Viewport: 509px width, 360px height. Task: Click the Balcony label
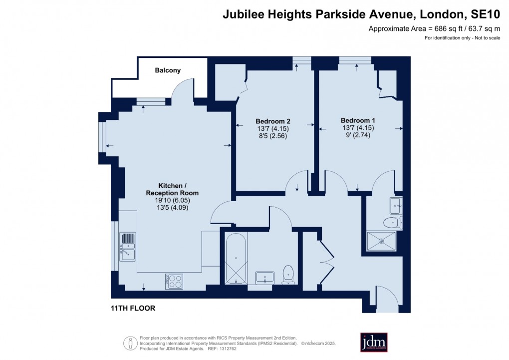[x=168, y=70]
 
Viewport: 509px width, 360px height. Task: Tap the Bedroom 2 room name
[x=273, y=121]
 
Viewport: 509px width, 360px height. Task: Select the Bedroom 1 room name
[x=358, y=120]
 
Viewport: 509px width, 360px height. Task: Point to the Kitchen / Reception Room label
[x=172, y=189]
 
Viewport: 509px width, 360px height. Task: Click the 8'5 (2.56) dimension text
[x=273, y=136]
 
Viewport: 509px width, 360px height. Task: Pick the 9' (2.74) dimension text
[x=358, y=135]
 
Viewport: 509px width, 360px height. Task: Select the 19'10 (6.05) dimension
[x=172, y=200]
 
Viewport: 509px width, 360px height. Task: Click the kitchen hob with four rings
[x=174, y=282]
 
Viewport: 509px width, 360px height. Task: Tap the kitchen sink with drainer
[x=128, y=247]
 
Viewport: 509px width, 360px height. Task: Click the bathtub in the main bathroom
[x=236, y=259]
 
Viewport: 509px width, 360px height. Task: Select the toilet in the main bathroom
[x=288, y=275]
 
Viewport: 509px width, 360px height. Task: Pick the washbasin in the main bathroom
[x=265, y=278]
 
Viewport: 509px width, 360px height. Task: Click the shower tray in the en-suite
[x=381, y=241]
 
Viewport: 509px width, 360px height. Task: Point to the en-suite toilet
[x=393, y=223]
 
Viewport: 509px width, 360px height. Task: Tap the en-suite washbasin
[x=396, y=205]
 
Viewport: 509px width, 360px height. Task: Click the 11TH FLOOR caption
[x=133, y=308]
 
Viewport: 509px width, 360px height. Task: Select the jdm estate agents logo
[x=374, y=343]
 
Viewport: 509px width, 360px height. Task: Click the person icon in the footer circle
[x=131, y=343]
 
